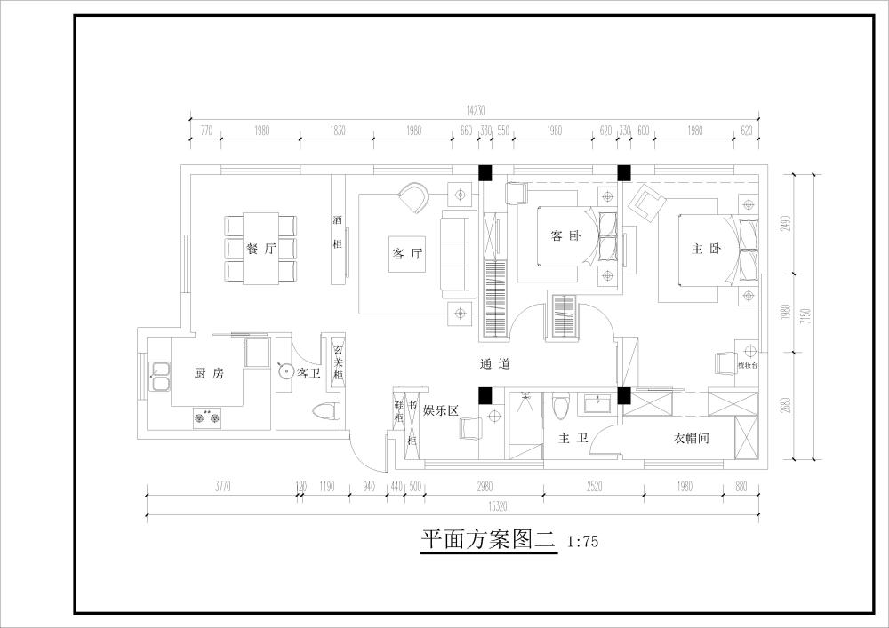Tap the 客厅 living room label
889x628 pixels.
(407, 254)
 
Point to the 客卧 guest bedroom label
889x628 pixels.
(565, 235)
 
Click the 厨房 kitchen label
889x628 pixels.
(209, 374)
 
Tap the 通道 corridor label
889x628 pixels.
(495, 363)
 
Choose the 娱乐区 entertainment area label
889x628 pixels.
(439, 410)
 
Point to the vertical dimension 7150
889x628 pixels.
(805, 316)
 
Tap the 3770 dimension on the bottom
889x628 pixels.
(222, 487)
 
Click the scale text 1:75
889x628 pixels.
(582, 539)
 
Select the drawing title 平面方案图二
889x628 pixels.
(487, 538)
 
